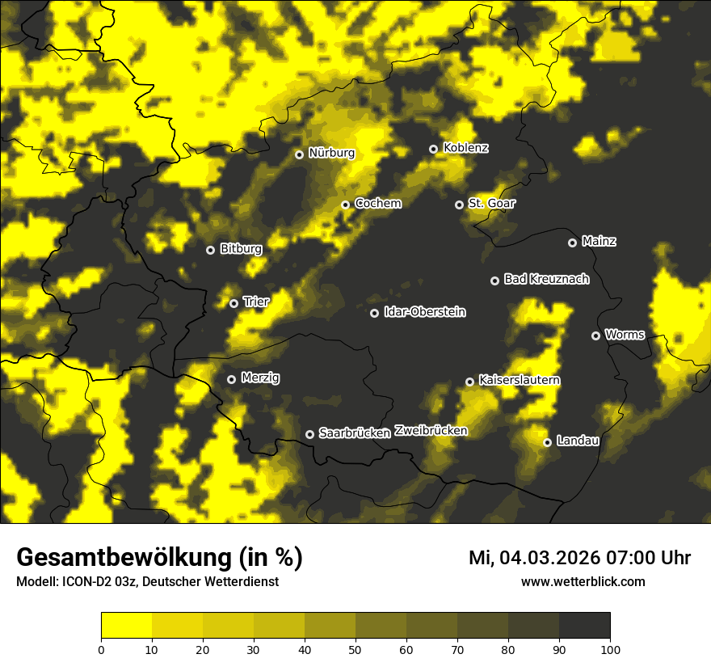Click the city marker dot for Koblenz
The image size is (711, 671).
pos(433,149)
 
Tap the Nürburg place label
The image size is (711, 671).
pos(331,153)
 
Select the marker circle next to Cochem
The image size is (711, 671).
pos(345,205)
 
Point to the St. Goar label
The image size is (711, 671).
pos(491,204)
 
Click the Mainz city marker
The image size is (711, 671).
pos(572,243)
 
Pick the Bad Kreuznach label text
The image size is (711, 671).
pos(546,279)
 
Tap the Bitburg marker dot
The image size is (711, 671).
pos(210,250)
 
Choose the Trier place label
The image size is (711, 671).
pos(256,302)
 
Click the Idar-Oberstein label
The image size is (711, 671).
pos(425,312)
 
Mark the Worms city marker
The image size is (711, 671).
pos(595,335)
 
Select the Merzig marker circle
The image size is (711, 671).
pos(231,379)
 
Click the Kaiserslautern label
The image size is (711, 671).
pos(520,380)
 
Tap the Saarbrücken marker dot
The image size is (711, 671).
pos(309,434)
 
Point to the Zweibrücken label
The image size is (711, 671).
pos(431,431)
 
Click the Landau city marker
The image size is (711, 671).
pos(547,442)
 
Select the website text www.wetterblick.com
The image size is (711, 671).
pos(583,582)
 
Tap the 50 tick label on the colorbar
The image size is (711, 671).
pos(355,649)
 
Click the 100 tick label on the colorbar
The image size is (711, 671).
pos(610,649)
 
